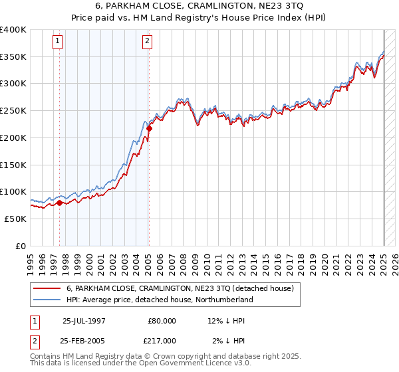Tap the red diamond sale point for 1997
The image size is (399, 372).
tap(59, 203)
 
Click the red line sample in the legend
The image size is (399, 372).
tap(47, 289)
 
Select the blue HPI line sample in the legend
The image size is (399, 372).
tap(47, 300)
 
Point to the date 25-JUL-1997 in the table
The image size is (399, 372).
tap(84, 321)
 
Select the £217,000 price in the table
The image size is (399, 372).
tap(162, 340)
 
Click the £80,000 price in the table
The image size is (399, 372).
tap(162, 321)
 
